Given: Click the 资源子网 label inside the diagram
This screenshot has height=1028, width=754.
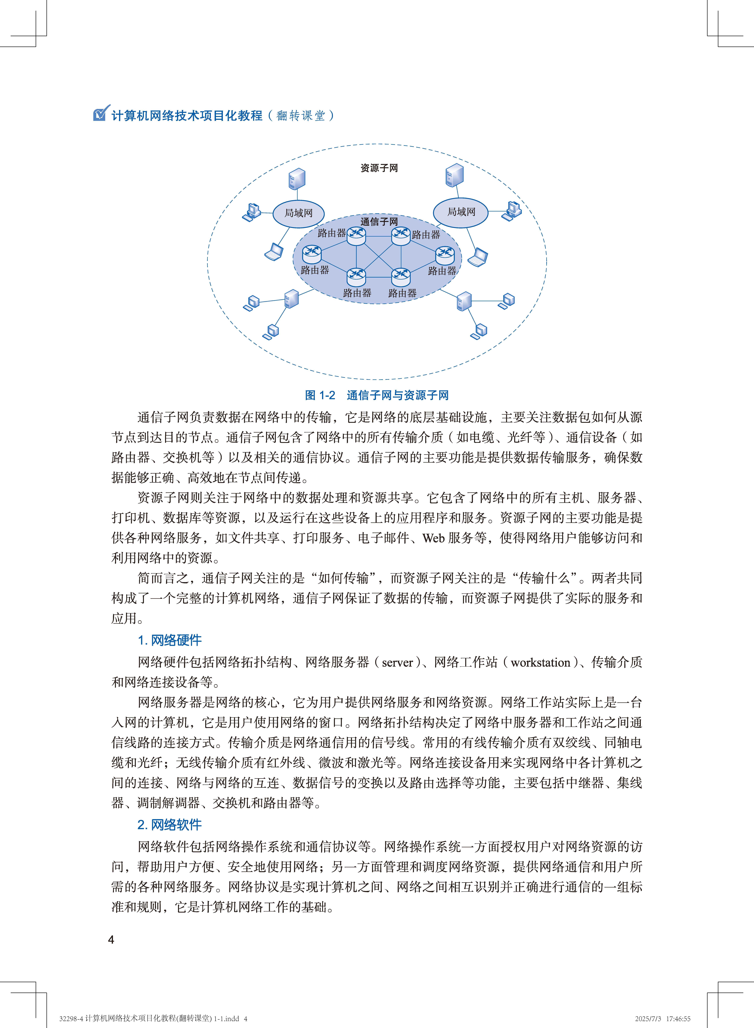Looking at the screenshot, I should click(379, 168).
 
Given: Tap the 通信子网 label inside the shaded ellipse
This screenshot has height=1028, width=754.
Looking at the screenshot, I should click(379, 222).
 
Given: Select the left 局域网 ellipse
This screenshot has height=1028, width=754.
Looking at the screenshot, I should click(299, 213).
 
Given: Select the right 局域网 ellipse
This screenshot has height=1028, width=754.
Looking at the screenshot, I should click(461, 212).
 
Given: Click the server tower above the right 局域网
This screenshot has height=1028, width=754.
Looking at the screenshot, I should click(455, 175).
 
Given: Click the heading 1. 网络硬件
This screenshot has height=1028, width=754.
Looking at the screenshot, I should click(170, 640).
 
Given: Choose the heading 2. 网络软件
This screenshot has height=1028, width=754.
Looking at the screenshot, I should click(170, 825).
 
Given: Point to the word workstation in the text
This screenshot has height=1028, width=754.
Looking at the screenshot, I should click(540, 662).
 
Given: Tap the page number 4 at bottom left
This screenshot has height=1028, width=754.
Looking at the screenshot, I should click(111, 940).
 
